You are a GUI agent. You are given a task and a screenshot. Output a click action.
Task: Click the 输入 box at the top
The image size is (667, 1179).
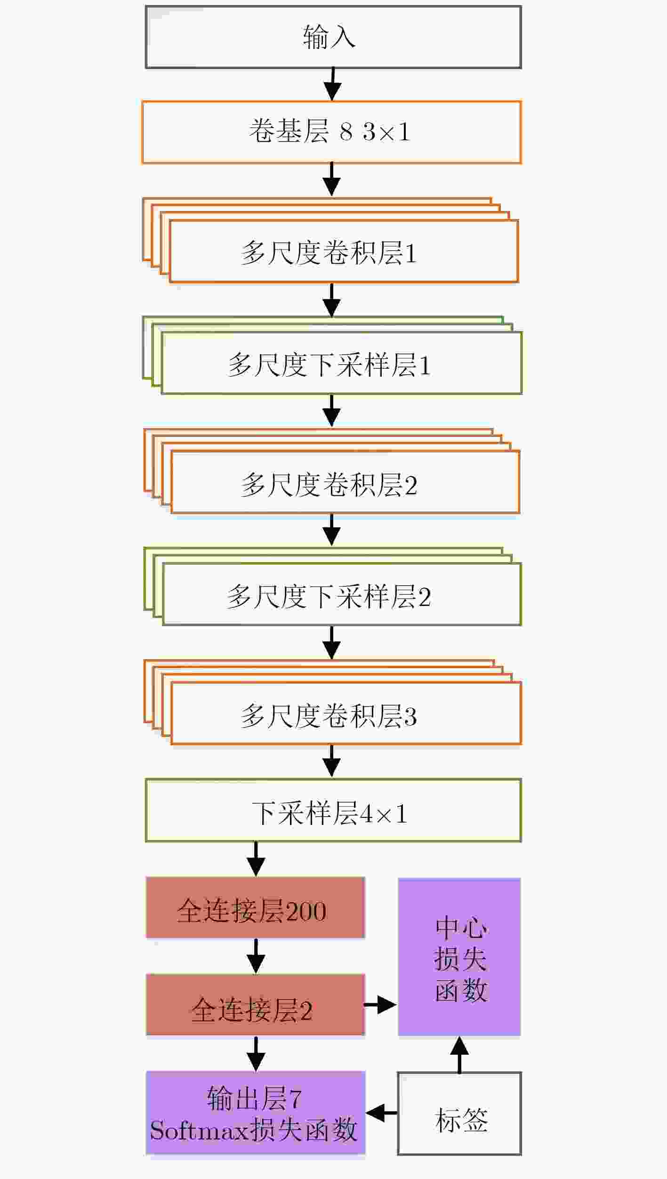(x=333, y=37)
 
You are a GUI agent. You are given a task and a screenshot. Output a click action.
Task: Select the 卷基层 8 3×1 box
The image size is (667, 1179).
(x=332, y=132)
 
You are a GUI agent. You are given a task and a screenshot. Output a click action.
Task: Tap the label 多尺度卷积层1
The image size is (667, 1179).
(x=329, y=252)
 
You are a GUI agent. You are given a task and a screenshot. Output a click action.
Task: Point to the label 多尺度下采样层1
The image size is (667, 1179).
(x=329, y=364)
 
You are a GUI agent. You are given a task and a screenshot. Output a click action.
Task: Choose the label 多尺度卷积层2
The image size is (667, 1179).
(x=329, y=485)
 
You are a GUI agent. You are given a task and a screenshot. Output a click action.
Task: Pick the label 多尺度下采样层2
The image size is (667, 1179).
(x=329, y=596)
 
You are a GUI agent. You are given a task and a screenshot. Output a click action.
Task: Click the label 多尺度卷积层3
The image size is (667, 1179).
(x=329, y=716)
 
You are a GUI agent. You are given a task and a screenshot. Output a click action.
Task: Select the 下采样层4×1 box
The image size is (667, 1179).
(x=333, y=810)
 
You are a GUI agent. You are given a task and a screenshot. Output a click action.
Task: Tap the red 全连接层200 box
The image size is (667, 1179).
(x=256, y=907)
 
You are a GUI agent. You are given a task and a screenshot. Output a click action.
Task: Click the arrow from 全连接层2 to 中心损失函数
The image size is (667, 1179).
(x=380, y=1004)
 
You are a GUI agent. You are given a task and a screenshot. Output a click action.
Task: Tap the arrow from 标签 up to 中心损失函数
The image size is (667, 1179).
(x=459, y=1054)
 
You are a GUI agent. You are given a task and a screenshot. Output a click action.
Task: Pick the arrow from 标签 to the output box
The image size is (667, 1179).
(x=382, y=1113)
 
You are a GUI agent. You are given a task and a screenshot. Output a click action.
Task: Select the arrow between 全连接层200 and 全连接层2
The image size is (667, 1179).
(x=256, y=956)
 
